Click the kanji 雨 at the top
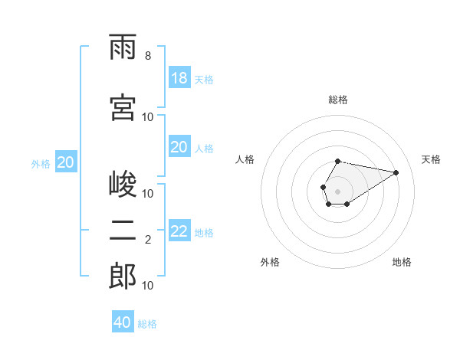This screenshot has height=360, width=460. click(123, 47)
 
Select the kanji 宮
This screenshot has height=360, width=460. click(123, 107)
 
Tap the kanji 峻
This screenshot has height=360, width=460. click(123, 183)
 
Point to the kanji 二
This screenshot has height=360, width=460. click(123, 231)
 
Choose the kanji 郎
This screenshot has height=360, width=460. click(123, 276)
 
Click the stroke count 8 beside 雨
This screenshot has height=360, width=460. click(148, 56)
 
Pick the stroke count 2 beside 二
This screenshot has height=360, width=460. click(148, 240)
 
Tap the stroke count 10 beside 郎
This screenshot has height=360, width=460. click(147, 286)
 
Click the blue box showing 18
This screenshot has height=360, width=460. click(179, 77)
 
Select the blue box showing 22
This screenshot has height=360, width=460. click(179, 230)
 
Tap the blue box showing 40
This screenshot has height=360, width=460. click(123, 321)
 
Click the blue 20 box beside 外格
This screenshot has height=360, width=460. click(66, 162)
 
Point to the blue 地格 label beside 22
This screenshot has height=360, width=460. click(204, 233)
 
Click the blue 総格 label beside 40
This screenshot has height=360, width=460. click(147, 324)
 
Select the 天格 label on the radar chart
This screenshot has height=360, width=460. click(431, 160)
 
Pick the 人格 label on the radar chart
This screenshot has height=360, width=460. click(245, 160)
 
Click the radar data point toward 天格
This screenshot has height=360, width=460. click(396, 172)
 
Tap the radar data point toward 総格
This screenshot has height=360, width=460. click(337, 162)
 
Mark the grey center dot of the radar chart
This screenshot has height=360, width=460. click(337, 191)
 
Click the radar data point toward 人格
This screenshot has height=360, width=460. click(324, 187)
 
